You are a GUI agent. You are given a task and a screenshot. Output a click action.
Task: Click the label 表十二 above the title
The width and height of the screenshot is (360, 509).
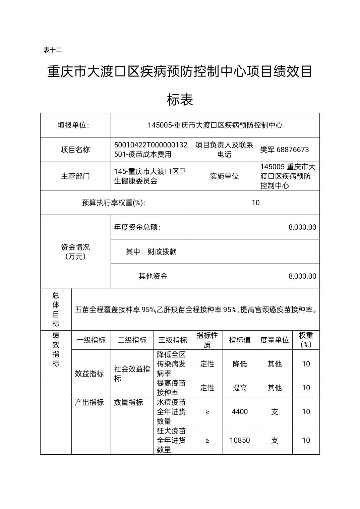(53, 50)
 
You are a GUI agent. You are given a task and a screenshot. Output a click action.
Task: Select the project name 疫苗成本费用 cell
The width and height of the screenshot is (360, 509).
(151, 150)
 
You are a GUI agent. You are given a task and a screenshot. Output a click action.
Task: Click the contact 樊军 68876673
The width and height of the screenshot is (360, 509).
(285, 150)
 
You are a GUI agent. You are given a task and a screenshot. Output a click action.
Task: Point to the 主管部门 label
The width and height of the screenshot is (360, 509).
(75, 176)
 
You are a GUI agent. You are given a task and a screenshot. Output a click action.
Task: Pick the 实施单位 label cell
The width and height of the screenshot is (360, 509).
(224, 176)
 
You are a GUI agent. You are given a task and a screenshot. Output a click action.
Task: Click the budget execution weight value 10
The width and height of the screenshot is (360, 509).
(255, 203)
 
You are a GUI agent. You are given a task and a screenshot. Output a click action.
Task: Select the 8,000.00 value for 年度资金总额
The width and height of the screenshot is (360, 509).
(302, 227)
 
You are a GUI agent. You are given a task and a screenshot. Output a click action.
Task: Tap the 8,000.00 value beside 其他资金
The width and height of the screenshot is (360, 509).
(302, 276)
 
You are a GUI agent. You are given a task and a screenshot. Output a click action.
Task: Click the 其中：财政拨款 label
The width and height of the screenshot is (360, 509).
(151, 251)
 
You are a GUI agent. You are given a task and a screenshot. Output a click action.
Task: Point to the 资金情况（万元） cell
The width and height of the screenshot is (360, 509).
(75, 251)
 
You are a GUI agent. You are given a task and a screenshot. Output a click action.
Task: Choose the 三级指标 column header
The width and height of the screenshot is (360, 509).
(173, 340)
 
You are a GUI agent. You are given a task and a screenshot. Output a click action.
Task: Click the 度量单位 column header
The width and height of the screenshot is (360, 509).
(275, 340)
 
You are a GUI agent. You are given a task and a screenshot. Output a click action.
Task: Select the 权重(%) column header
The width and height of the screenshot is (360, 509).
(306, 340)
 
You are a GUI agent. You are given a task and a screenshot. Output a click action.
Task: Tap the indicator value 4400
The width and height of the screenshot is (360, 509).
(240, 412)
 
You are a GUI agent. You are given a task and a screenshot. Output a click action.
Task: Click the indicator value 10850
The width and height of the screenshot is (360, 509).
(240, 440)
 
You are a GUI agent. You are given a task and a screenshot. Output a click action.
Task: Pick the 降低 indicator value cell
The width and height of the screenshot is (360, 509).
(240, 364)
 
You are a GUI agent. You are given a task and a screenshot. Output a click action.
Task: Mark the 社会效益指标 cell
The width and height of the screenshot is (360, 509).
(132, 374)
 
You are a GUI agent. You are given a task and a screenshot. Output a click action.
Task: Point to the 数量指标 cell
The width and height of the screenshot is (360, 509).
(128, 402)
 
